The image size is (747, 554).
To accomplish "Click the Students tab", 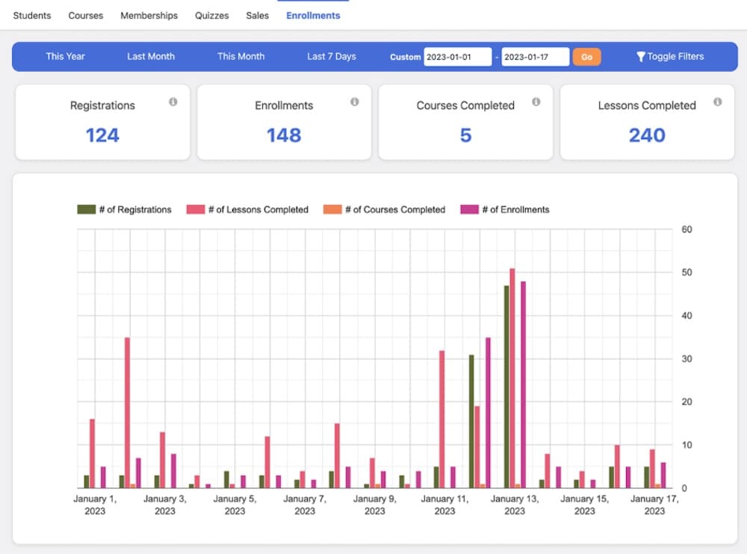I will pyautogui.click(x=32, y=15).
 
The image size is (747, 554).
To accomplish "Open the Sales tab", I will pyautogui.click(x=257, y=15).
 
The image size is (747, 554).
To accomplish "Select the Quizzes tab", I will pyautogui.click(x=212, y=15).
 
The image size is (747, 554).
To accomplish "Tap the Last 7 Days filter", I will pyautogui.click(x=331, y=56).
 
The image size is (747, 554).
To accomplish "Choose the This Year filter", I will pyautogui.click(x=65, y=56).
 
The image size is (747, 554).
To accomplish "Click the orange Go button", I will pyautogui.click(x=586, y=57).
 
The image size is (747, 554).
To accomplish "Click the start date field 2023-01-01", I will pyautogui.click(x=457, y=57).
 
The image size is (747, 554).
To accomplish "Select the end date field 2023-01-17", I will pyautogui.click(x=535, y=57).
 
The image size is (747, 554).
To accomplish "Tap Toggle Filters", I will pyautogui.click(x=670, y=56).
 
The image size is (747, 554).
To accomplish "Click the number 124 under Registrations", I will pyautogui.click(x=102, y=135).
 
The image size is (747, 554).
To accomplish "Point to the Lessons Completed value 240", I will pyautogui.click(x=647, y=135).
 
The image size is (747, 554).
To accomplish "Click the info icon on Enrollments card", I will pyautogui.click(x=354, y=102).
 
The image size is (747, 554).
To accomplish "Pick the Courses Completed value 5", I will pyautogui.click(x=465, y=135).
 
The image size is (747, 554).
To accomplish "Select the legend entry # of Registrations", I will pyautogui.click(x=125, y=209).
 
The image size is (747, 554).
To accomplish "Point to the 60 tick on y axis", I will pyautogui.click(x=687, y=230).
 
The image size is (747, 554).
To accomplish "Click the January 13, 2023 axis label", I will pyautogui.click(x=514, y=505).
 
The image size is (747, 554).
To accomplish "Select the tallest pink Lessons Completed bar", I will pyautogui.click(x=512, y=378).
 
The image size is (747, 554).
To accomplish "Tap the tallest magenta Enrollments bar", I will pyautogui.click(x=524, y=384).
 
